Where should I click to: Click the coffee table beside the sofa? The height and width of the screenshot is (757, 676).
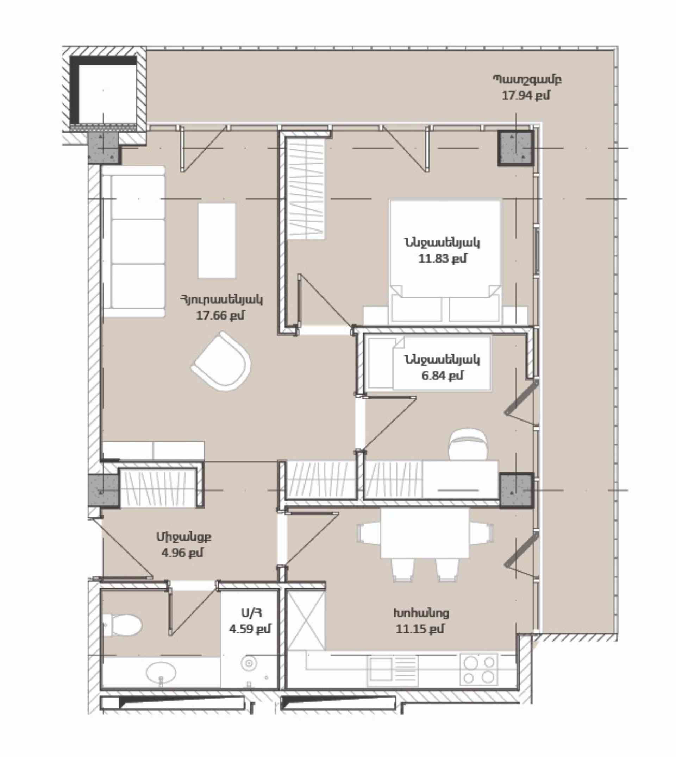[x=217, y=240]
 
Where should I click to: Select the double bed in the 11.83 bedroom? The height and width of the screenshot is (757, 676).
[x=445, y=262]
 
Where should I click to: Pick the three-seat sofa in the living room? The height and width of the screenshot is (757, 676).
[x=134, y=241]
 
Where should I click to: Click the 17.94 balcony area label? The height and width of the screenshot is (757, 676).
[x=526, y=95]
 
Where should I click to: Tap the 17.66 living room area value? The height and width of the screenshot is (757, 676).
[x=220, y=316]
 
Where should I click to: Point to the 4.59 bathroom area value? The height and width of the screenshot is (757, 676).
[x=250, y=629]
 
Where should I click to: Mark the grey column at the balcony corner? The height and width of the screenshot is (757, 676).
[x=515, y=148]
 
